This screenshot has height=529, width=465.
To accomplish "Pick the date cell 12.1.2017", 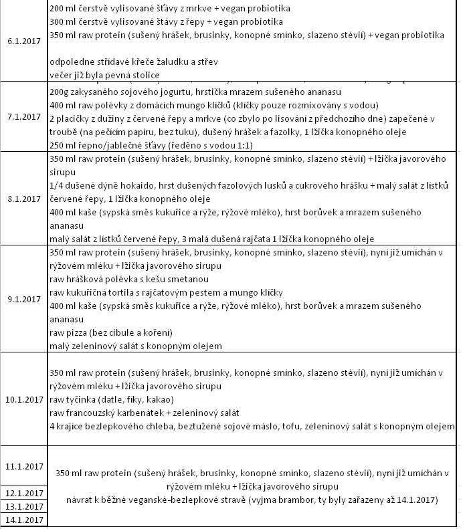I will coord(25,494).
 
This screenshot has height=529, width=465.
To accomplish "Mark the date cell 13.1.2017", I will coord(25,506).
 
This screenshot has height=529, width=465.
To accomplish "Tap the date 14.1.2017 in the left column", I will coord(25,520).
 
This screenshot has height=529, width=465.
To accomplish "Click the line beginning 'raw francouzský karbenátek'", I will coord(145,413).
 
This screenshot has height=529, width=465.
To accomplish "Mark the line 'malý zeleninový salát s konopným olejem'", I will coord(136,346).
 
